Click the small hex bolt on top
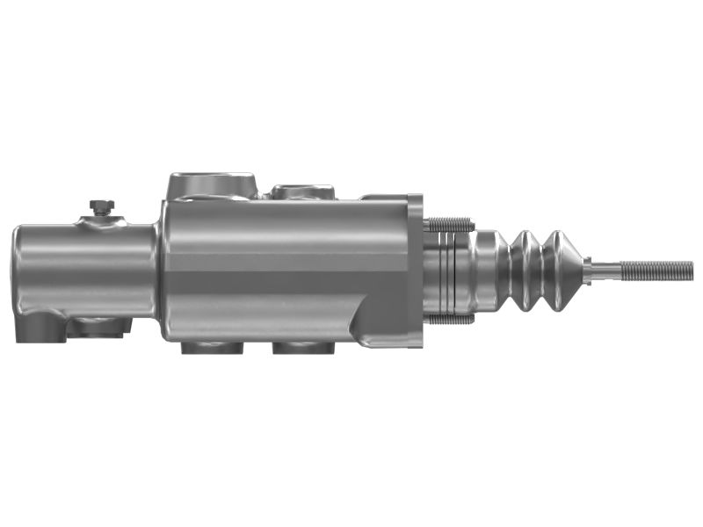(x=102, y=207)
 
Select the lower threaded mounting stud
(x=450, y=319)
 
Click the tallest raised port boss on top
(x=212, y=185)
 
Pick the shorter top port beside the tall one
(x=302, y=191)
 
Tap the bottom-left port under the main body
(x=212, y=348)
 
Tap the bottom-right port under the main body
(x=303, y=348)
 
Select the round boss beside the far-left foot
(x=97, y=328)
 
